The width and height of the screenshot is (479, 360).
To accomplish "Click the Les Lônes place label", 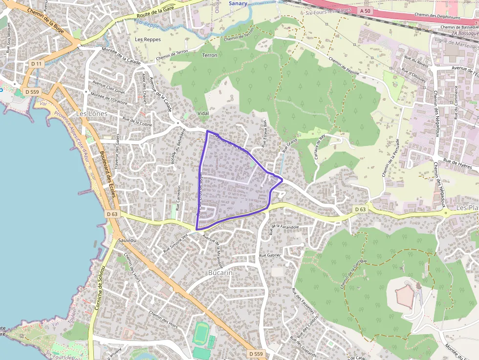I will click(x=91, y=113).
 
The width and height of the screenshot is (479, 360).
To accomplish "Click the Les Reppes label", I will click(x=148, y=39).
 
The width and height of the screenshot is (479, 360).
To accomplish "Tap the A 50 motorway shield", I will click(x=365, y=10).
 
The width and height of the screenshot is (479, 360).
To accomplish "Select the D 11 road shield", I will click(x=36, y=64).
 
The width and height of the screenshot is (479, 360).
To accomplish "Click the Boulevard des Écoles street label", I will click(x=108, y=173).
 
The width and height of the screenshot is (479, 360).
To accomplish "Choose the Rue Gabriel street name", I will click(x=269, y=255).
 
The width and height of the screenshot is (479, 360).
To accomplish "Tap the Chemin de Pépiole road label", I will click(x=344, y=67).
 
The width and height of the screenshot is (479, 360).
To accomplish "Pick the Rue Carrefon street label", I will click(x=178, y=198).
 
